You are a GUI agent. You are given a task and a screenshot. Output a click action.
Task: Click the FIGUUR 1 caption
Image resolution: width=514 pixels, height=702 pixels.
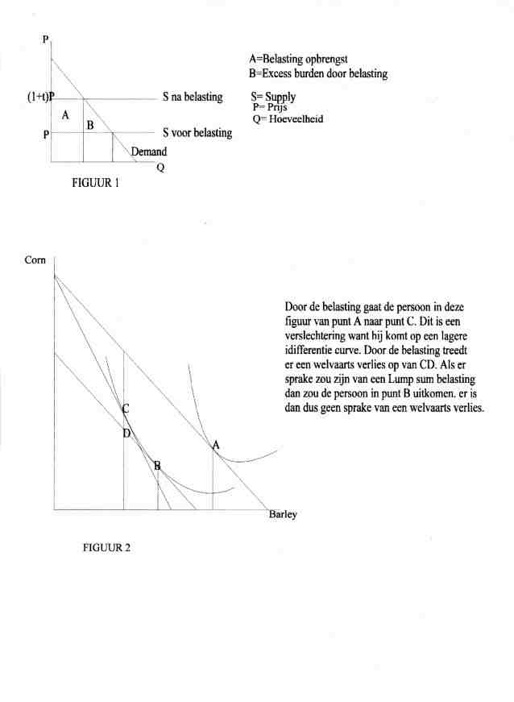click(x=95, y=183)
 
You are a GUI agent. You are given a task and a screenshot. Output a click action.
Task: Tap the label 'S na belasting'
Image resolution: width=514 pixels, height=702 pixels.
click(x=192, y=97)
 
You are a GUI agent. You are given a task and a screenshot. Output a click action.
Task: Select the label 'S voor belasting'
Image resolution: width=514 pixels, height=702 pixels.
click(x=197, y=133)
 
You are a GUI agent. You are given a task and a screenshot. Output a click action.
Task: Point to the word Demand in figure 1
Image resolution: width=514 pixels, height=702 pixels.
click(x=149, y=151)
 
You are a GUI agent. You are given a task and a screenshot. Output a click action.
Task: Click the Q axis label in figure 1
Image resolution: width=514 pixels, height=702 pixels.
click(x=160, y=168)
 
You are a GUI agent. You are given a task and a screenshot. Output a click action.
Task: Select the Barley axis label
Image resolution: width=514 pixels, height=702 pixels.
click(x=283, y=516)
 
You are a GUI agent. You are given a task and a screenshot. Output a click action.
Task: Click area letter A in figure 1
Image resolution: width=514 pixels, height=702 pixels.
click(x=65, y=115)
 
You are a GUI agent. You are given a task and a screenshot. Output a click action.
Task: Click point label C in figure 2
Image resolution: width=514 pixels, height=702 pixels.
click(x=126, y=409)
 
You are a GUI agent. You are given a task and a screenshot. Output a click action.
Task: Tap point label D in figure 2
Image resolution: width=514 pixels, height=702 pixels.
click(x=126, y=434)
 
